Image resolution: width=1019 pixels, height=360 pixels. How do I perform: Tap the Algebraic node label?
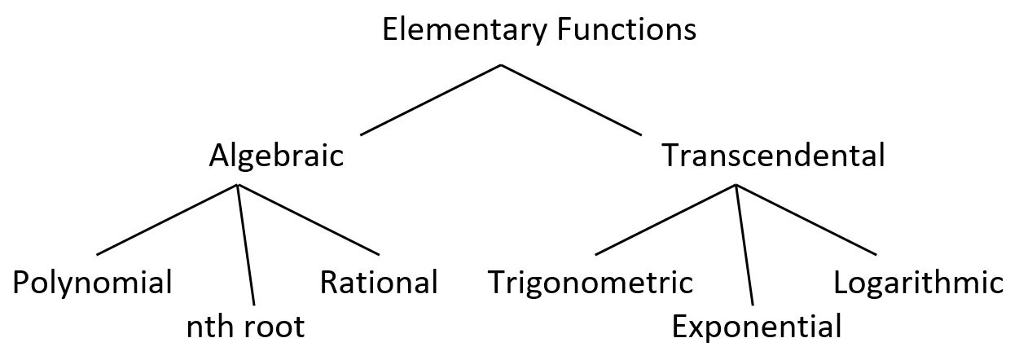pyautogui.click(x=276, y=156)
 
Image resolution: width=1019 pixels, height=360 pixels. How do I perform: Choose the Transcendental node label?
pyautogui.click(x=773, y=155)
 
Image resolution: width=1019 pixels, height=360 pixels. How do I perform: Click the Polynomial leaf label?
pyautogui.click(x=93, y=283)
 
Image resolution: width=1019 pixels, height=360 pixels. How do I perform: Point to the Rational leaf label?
pyautogui.click(x=379, y=283)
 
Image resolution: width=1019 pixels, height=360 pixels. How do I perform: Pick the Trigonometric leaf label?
pyautogui.click(x=591, y=283)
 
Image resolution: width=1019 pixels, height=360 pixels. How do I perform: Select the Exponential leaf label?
pyautogui.click(x=757, y=327)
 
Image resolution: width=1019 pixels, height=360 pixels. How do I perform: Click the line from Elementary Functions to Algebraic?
pyautogui.click(x=430, y=99)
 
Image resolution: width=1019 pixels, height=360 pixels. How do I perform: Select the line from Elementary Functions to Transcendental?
pyautogui.click(x=570, y=99)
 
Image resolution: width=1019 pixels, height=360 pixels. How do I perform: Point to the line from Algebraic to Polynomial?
pyautogui.click(x=167, y=220)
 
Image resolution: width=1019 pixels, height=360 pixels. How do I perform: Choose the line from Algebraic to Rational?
pyautogui.click(x=308, y=220)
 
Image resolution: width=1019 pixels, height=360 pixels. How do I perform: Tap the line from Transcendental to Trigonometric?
pyautogui.click(x=665, y=220)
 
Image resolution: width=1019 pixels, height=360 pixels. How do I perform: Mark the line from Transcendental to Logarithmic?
pyautogui.click(x=806, y=220)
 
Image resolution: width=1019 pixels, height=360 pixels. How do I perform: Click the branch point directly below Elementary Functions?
pyautogui.click(x=500, y=65)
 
